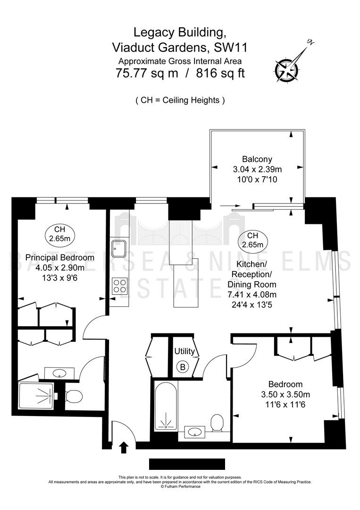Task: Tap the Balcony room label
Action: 257,159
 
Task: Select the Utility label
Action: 184,351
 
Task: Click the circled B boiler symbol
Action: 183,367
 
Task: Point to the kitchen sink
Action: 119,249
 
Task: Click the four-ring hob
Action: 119,286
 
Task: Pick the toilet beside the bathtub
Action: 217,423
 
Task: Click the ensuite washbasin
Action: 59,373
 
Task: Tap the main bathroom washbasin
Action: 194,432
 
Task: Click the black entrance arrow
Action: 124,447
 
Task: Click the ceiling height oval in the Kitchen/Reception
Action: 252,240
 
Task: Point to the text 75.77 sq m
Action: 147,73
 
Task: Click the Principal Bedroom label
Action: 60,257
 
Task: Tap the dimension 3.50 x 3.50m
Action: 285,394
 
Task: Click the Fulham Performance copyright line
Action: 180,486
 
